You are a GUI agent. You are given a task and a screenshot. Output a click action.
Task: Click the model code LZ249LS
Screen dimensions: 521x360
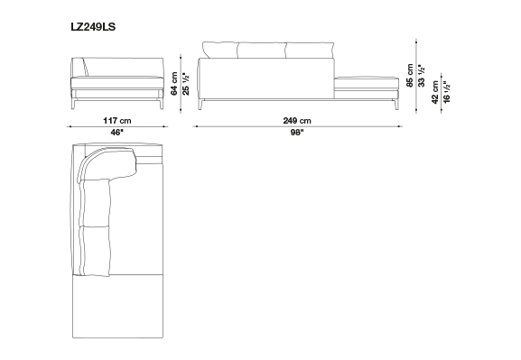coord(93,26)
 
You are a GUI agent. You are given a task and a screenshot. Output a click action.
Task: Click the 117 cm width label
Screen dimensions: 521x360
coord(117,120)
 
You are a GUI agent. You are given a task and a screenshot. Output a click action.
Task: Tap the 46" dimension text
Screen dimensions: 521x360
coord(116,133)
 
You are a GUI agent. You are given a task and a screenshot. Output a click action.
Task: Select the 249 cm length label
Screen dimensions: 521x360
coord(297,120)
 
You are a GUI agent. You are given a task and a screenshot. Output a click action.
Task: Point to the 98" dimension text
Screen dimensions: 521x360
coord(297,133)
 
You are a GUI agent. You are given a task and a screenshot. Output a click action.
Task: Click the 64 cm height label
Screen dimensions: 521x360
coord(174,84)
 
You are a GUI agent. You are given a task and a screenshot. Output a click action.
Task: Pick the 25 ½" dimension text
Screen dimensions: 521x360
coord(186,84)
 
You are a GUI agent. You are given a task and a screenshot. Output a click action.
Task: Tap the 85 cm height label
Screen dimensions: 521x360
coord(410,76)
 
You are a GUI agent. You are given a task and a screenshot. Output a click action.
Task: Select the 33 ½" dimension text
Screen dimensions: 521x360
coord(422,76)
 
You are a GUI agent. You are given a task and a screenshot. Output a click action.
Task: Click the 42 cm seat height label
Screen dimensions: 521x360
coord(435,92)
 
